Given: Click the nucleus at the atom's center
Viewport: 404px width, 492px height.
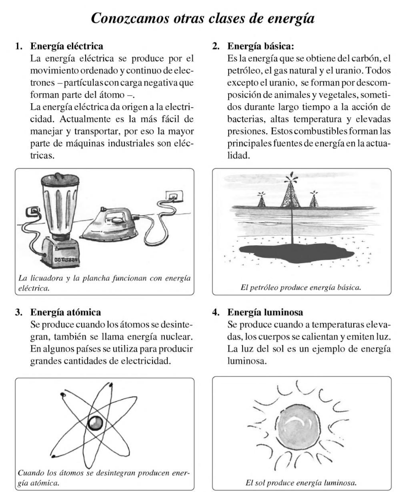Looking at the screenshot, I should pos(94,424).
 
